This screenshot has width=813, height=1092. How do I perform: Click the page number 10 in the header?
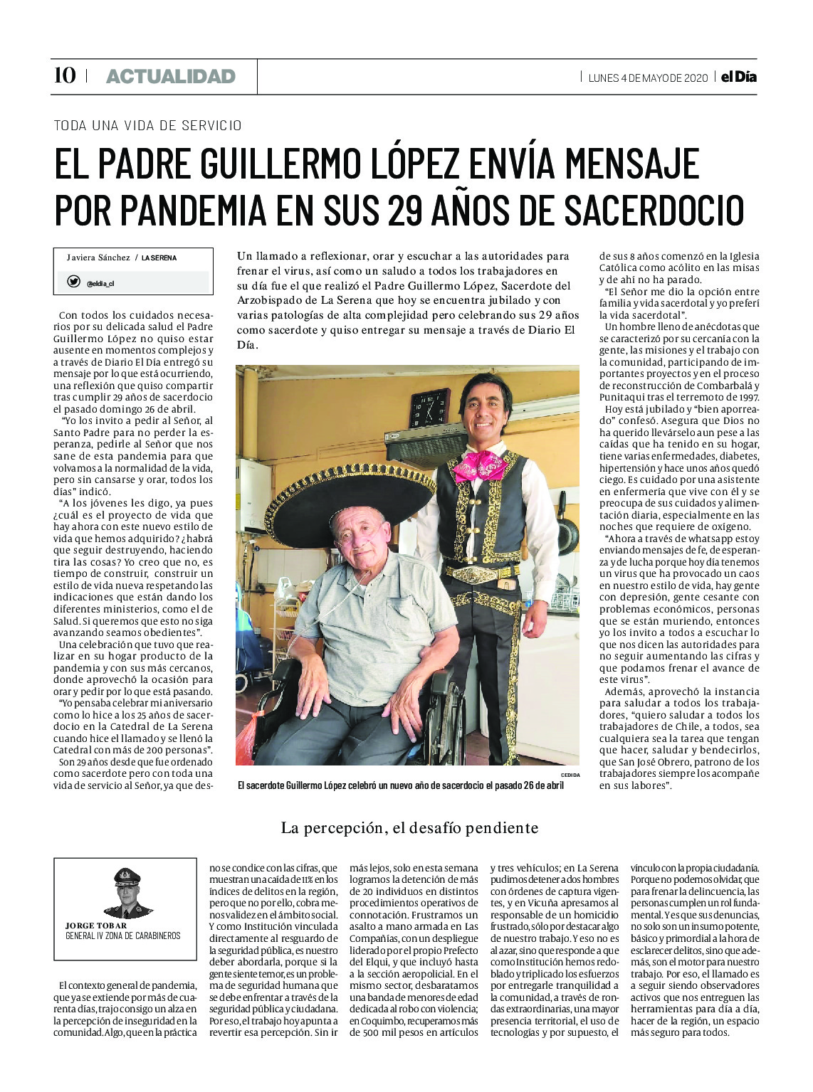pyautogui.click(x=65, y=75)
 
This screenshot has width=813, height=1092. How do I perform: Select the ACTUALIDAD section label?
pyautogui.click(x=170, y=76)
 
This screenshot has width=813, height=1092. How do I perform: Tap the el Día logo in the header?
pyautogui.click(x=738, y=77)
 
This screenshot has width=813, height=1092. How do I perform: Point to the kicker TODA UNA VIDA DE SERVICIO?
pyautogui.click(x=147, y=125)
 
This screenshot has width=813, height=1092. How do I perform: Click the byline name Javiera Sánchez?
pyautogui.click(x=98, y=258)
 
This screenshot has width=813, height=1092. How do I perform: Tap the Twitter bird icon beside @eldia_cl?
pyautogui.click(x=73, y=282)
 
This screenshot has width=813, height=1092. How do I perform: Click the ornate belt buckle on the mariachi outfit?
pyautogui.click(x=471, y=574)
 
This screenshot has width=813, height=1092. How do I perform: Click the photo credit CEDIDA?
pyautogui.click(x=570, y=775)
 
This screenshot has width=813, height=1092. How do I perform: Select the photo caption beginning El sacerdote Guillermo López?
pyautogui.click(x=400, y=785)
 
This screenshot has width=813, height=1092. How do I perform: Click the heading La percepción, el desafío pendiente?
pyautogui.click(x=409, y=827)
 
